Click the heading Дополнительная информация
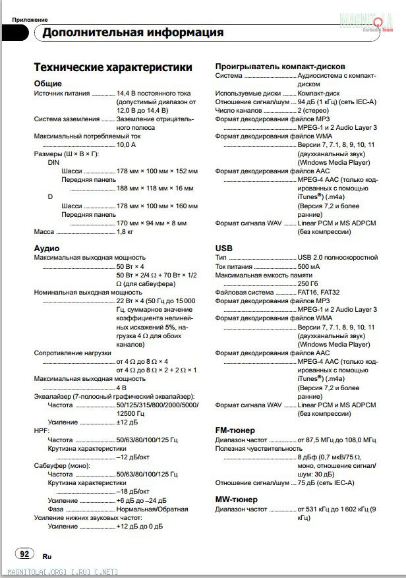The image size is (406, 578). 132,32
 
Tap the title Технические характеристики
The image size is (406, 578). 113,67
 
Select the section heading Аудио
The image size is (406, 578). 47,248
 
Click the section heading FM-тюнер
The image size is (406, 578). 235,430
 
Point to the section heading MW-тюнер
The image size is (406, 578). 236,500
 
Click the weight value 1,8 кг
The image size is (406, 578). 125,232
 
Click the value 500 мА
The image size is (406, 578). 310,266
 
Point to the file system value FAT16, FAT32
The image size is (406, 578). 319,292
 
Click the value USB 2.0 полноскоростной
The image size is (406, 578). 337,257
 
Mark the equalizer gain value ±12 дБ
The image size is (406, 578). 128,422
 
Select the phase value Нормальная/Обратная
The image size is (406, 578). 152,509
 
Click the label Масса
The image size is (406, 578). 44,232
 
